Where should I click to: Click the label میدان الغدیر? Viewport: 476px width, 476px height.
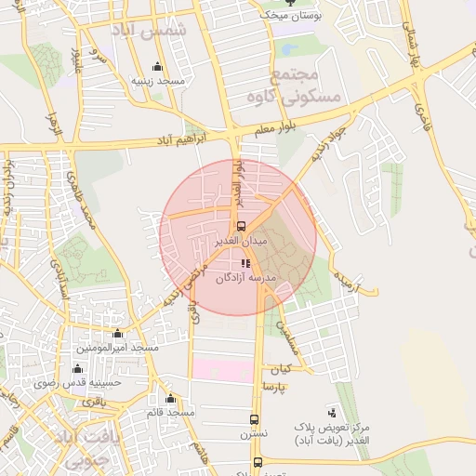click(x=242, y=240)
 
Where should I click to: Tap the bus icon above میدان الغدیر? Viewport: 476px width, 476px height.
click(x=242, y=226)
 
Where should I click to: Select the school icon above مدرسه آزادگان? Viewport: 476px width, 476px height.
click(x=245, y=264)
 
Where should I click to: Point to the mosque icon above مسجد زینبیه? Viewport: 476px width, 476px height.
click(x=157, y=67)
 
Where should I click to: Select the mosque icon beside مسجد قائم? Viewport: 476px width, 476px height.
click(x=169, y=399)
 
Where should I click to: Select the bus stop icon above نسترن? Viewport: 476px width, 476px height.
click(x=254, y=419)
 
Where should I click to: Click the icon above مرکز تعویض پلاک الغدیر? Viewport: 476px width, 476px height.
click(x=332, y=412)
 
